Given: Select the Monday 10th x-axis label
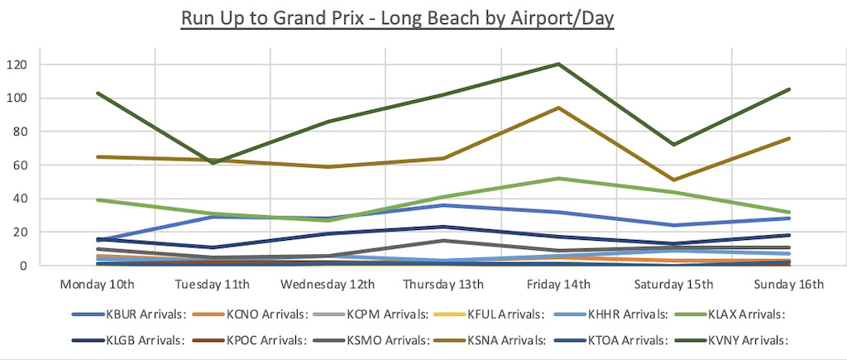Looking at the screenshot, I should pos(98,286).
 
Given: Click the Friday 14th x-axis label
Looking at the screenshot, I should pos(559,286).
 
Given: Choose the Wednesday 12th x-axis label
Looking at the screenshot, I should pos(328,286).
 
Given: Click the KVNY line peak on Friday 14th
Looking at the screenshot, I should pos(559,64).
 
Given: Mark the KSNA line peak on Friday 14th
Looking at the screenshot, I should pos(559,108).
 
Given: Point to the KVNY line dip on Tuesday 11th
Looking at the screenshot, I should pos(213,163).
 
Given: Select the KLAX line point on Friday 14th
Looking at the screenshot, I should pos(559,178).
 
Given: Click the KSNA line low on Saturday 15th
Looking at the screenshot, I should pos(674,180).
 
